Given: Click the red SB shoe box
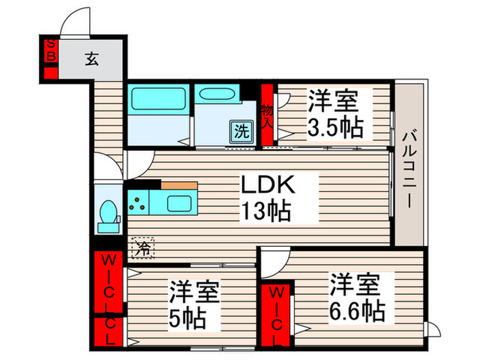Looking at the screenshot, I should [x=49, y=51].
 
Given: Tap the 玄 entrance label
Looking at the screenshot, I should [x=91, y=59].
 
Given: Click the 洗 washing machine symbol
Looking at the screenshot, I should [x=242, y=130].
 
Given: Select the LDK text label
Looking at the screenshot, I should [x=267, y=185].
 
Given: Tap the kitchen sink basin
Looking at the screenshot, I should [x=180, y=204].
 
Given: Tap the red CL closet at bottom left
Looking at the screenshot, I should [x=108, y=333].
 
